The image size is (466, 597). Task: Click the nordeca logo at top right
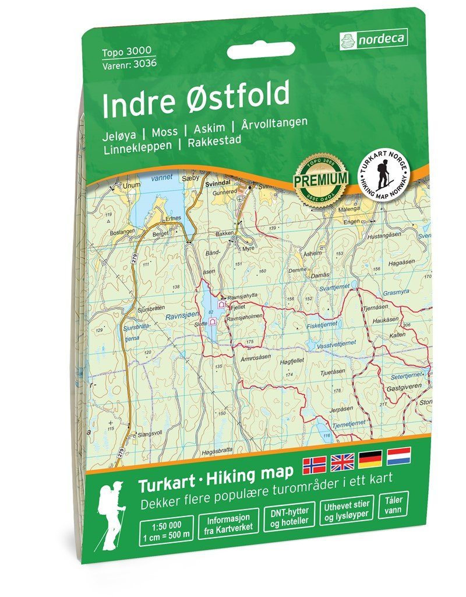[x=373, y=39]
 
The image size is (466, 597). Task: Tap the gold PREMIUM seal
[x=320, y=177]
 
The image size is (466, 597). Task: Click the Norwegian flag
[x=315, y=464]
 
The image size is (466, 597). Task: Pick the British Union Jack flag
[x=343, y=462]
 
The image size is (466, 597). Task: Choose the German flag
[x=370, y=459]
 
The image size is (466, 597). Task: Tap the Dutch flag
[x=398, y=455]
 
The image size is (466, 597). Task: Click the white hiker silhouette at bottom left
[x=111, y=515]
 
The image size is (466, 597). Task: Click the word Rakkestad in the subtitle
[x=213, y=141]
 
